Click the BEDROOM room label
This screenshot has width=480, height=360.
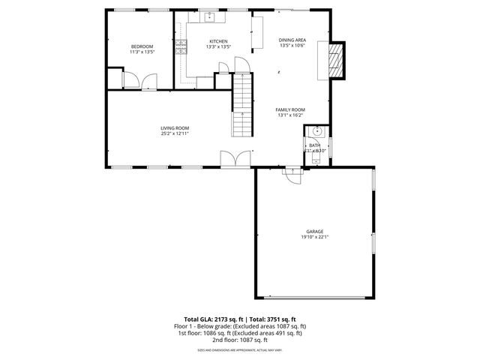pyautogui.click(x=142, y=46)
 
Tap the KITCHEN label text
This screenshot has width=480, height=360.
pyautogui.click(x=217, y=41)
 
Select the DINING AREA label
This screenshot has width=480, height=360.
pyautogui.click(x=292, y=40)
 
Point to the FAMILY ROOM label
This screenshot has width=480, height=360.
pyautogui.click(x=290, y=109)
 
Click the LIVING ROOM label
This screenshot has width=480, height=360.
pyautogui.click(x=174, y=127)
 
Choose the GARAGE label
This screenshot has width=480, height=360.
pyautogui.click(x=314, y=232)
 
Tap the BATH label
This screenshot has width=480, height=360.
pyautogui.click(x=315, y=145)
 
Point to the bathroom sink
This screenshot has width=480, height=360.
pyautogui.click(x=316, y=131)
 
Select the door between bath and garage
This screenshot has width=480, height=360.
pyautogui.click(x=291, y=172)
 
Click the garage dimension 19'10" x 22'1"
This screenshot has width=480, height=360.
pyautogui.click(x=314, y=238)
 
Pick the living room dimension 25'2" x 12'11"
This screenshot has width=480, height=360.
pyautogui.click(x=174, y=133)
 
